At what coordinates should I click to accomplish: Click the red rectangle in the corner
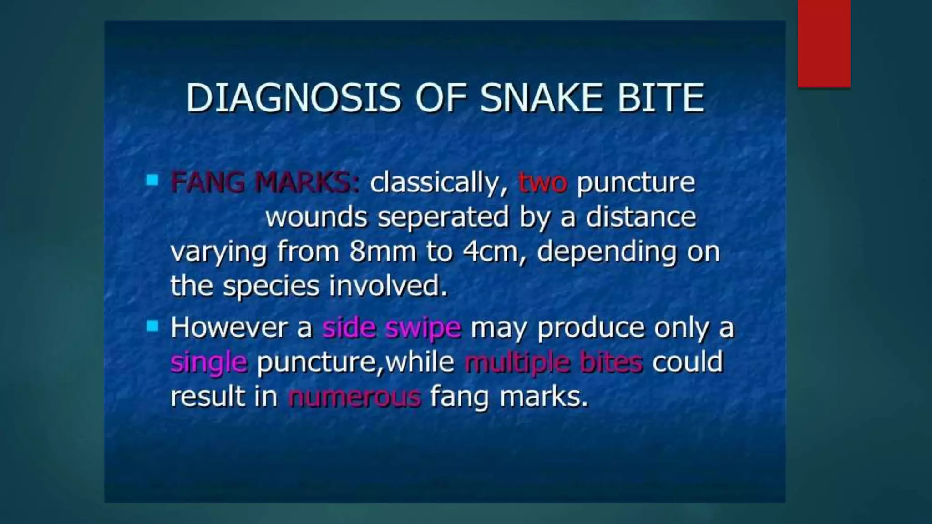(x=824, y=43)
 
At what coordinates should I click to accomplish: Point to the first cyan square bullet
(x=152, y=181)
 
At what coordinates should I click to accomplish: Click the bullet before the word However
(x=152, y=326)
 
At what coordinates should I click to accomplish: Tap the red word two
(x=543, y=183)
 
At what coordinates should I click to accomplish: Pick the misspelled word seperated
(x=443, y=217)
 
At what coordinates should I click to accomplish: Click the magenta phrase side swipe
(x=392, y=328)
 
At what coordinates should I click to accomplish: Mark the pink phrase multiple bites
(x=553, y=362)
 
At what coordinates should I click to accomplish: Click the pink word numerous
(x=355, y=397)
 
